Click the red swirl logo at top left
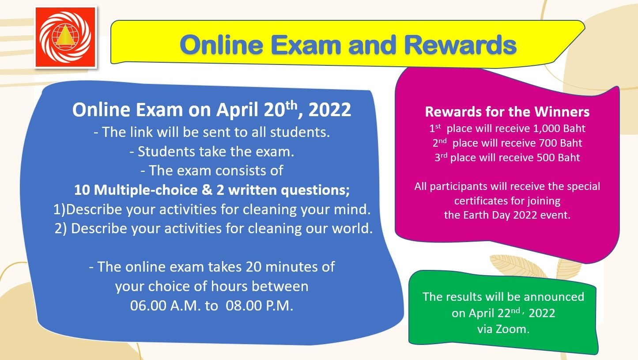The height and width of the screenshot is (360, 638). point(65,38)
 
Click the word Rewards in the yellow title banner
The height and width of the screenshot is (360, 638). point(461,45)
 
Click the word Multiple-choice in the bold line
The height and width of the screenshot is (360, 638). point(146,190)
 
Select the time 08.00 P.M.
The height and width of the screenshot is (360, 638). point(260,306)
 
